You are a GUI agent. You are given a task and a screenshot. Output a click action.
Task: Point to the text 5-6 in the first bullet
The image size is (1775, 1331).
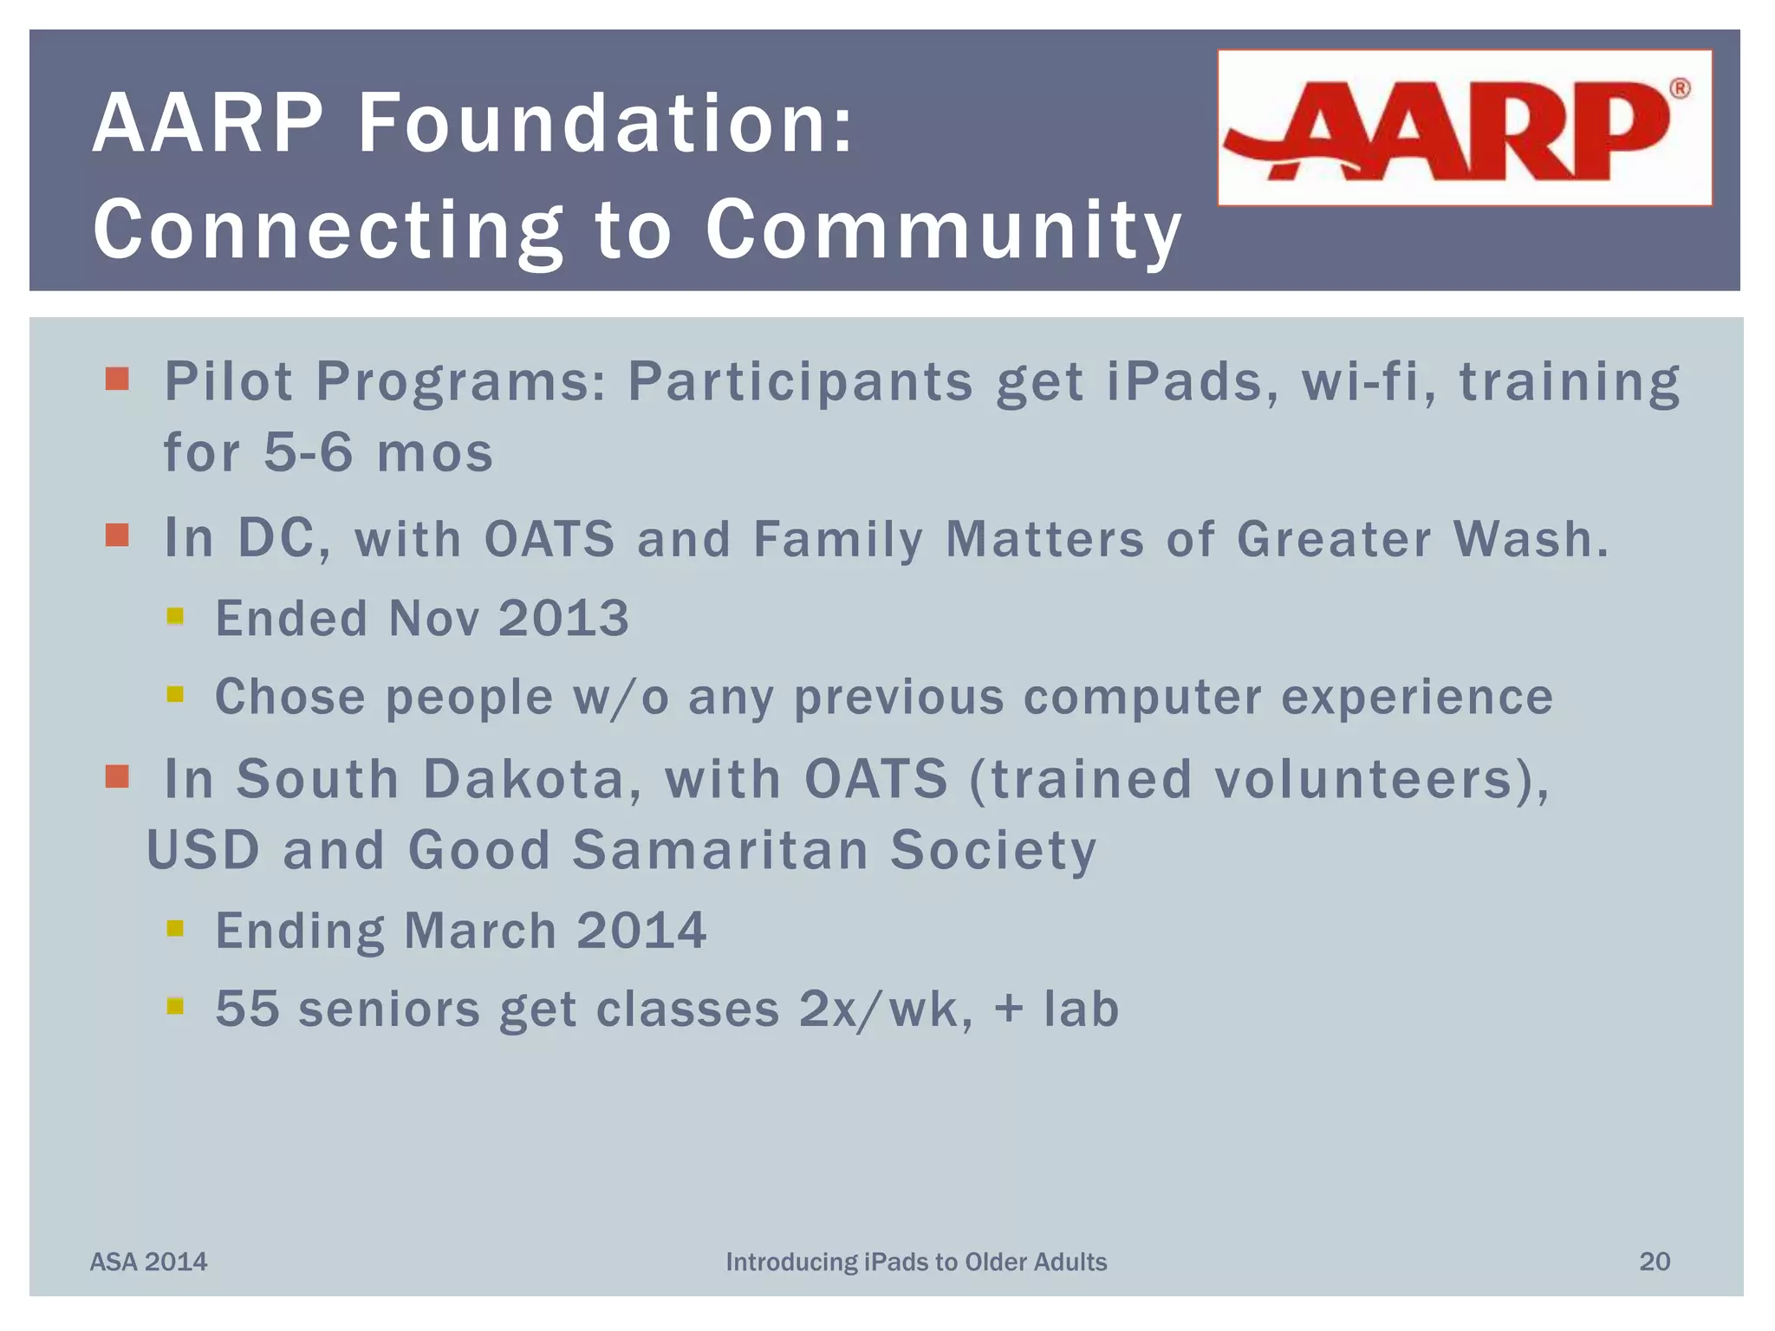(x=309, y=452)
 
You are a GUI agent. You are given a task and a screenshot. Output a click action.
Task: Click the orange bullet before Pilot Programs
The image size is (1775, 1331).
(x=117, y=379)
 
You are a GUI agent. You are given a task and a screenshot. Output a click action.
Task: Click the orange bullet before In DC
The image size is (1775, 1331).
(x=117, y=536)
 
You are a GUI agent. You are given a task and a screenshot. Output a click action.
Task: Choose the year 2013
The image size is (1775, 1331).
(x=563, y=619)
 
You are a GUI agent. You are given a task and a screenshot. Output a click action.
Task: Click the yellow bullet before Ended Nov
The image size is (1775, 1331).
(x=175, y=616)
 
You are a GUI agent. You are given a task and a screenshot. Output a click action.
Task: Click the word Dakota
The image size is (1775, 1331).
(x=525, y=778)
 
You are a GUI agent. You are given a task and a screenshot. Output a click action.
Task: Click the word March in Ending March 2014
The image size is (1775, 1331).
(x=479, y=931)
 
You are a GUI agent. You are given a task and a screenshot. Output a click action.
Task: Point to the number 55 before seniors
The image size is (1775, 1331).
(x=247, y=1009)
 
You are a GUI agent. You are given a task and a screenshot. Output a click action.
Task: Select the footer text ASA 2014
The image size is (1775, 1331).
(x=149, y=1262)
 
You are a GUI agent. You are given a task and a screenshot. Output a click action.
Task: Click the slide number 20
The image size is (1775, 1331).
(x=1654, y=1262)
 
